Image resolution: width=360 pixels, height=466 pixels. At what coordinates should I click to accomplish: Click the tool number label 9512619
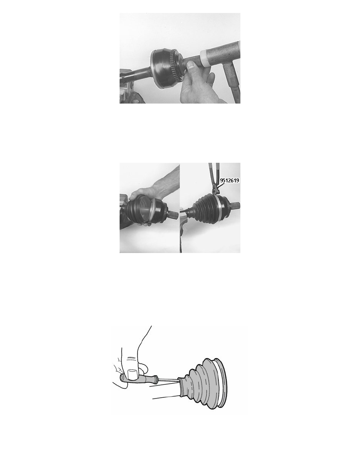pos(229,180)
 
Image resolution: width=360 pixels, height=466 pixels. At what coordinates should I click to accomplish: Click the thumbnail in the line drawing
pos(131,374)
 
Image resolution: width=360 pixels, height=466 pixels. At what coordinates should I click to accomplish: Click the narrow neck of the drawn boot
pos(182,387)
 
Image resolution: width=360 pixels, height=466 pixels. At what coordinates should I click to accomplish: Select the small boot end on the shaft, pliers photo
pos(189,211)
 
